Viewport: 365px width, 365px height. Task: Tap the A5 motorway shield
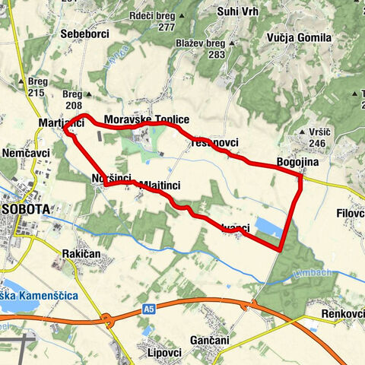(149, 309)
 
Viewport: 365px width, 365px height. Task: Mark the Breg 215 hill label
(36, 86)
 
